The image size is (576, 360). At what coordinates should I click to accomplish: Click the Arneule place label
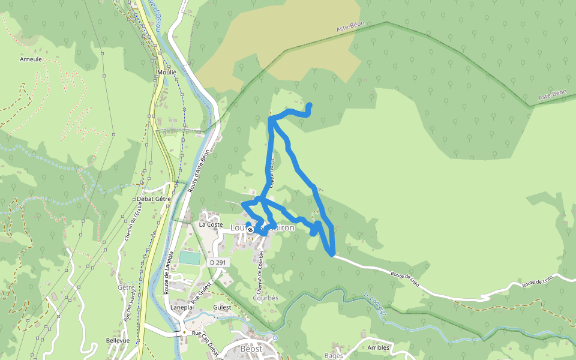pyautogui.click(x=30, y=59)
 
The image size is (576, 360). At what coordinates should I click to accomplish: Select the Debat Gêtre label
pyautogui.click(x=154, y=199)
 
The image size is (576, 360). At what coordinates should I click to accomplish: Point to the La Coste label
pyautogui.click(x=211, y=224)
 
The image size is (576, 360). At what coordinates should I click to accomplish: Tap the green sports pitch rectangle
pyautogui.click(x=190, y=258)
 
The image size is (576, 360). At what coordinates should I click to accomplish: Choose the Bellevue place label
pyautogui.click(x=118, y=340)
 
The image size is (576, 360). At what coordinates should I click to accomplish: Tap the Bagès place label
pyautogui.click(x=334, y=355)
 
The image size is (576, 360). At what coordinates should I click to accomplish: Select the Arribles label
pyautogui.click(x=379, y=347)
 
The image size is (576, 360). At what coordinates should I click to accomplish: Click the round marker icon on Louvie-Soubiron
pyautogui.click(x=251, y=229)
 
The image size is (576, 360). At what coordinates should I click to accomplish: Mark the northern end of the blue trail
pyautogui.click(x=310, y=106)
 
